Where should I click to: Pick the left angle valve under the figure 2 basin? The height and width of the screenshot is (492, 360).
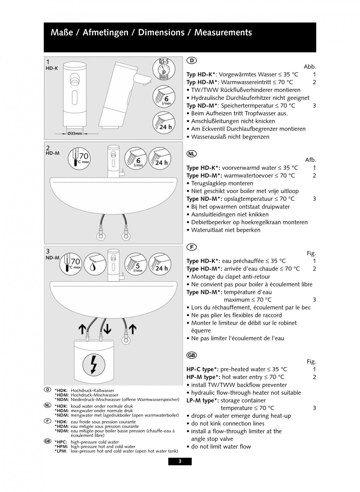click(101, 237)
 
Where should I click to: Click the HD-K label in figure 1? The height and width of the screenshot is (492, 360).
click(52, 68)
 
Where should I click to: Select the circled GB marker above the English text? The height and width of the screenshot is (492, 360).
click(192, 355)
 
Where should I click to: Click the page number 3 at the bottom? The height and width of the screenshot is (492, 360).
click(180, 461)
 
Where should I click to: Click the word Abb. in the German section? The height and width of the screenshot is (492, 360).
click(310, 67)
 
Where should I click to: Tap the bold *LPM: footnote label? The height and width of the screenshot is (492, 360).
click(61, 451)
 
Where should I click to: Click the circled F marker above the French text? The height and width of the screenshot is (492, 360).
click(191, 247)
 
